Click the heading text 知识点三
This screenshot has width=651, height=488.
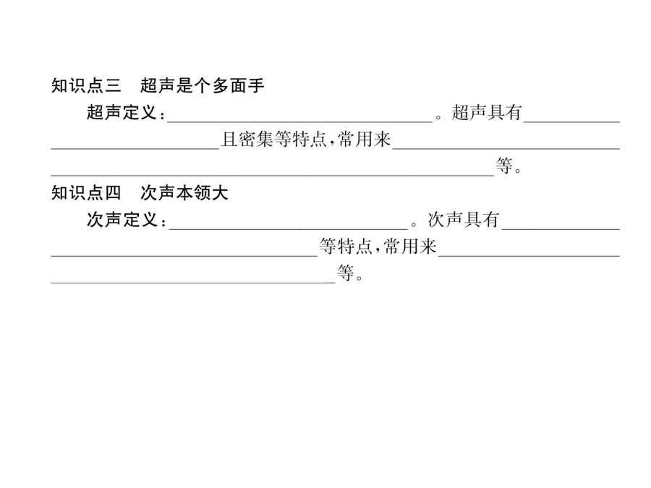coord(86,85)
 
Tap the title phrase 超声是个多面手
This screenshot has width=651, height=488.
coord(203,85)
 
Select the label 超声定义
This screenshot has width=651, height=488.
coord(122,113)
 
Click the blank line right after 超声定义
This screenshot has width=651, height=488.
coord(299,121)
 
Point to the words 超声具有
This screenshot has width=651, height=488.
coord(487,113)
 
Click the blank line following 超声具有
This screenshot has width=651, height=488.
coord(571,121)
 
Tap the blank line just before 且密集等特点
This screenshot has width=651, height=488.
coord(135,148)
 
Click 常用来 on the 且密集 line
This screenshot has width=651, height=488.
coord(365,140)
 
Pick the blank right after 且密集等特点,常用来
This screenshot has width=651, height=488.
coord(506,148)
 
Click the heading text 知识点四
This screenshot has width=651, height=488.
coord(86,193)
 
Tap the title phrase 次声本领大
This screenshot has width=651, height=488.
coord(184,193)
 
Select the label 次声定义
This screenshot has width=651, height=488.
coord(122,220)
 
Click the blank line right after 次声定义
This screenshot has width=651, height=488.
coord(289,228)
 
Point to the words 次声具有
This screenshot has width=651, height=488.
coord(464,220)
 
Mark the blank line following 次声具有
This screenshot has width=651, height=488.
coord(561,228)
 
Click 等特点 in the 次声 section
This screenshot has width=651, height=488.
coord(346,247)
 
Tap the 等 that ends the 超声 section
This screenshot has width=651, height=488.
coord(504,166)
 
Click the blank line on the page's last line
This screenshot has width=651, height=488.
coord(193,283)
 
